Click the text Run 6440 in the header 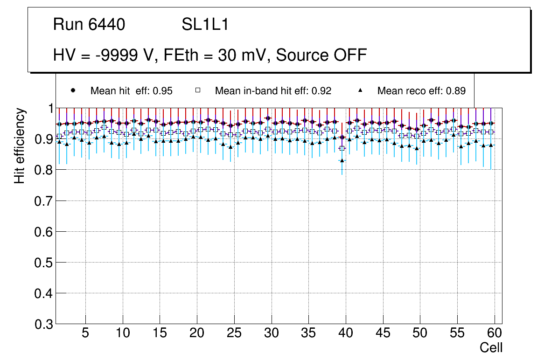coord(89,25)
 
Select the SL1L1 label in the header coord(205,25)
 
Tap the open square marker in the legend coord(198,90)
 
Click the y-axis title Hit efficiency coord(20,145)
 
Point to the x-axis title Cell coord(491,347)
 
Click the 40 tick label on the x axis coord(346,333)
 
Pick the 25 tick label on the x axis coord(234,333)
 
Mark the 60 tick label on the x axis coord(495,333)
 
